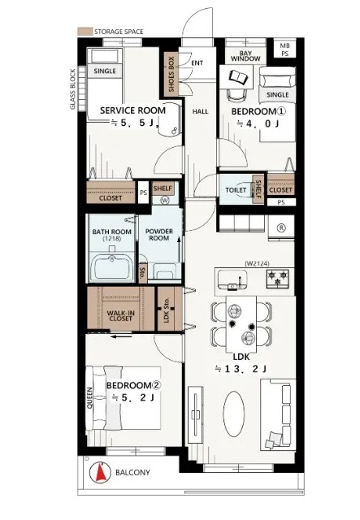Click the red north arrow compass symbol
click(x=101, y=472)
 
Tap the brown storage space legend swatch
click(x=85, y=32)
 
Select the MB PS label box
click(x=284, y=50)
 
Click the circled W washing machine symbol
click(x=165, y=200)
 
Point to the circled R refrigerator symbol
click(x=281, y=227)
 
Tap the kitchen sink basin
click(x=232, y=279)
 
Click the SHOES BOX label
click(x=171, y=74)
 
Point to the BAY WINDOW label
click(x=245, y=56)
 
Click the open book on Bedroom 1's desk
click(x=239, y=78)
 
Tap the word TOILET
click(x=236, y=190)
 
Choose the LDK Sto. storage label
click(x=167, y=310)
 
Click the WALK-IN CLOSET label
click(x=121, y=315)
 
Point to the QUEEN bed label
click(x=90, y=398)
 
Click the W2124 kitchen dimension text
click(x=257, y=263)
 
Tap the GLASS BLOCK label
click(x=72, y=89)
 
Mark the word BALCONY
click(x=132, y=472)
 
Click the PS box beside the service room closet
click(x=143, y=193)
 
